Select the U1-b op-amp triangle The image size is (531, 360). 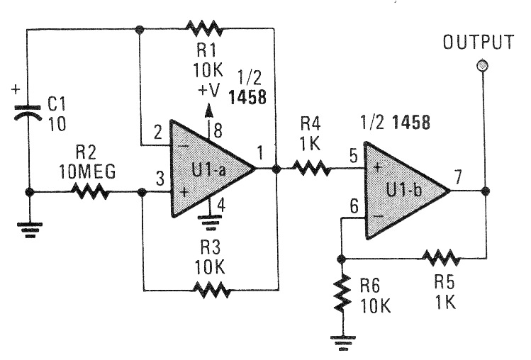[403, 190]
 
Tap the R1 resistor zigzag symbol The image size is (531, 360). [203, 29]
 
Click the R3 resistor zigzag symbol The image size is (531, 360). [211, 290]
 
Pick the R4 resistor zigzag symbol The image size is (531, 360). [311, 169]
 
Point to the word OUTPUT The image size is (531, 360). [478, 43]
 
